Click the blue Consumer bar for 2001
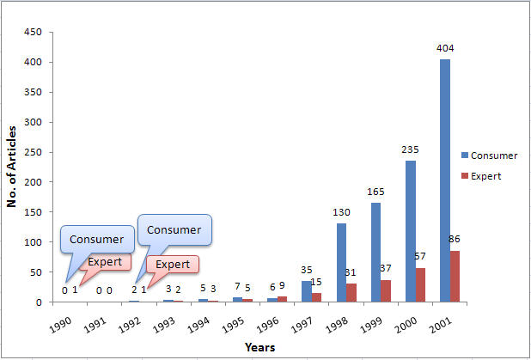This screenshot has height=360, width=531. [x=444, y=180]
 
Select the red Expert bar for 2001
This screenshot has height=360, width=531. [x=455, y=276]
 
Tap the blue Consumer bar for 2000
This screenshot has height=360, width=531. [x=410, y=231]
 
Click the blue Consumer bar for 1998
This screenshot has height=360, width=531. [x=341, y=262]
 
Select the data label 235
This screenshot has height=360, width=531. [x=410, y=149]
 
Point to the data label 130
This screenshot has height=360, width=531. [x=341, y=211]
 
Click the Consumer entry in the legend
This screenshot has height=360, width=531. [x=489, y=156]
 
